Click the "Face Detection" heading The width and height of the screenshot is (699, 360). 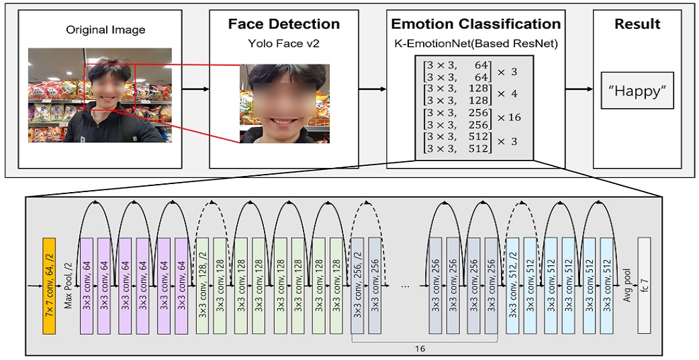[x=283, y=25]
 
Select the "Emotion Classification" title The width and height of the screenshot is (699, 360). [x=475, y=25]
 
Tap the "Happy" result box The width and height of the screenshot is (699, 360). [x=637, y=92]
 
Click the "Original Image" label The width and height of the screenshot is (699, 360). [x=105, y=30]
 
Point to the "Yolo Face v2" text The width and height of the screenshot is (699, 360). [x=283, y=44]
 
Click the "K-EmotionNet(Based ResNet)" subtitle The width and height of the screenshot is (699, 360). [x=475, y=44]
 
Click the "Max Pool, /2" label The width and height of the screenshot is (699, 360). [x=68, y=285]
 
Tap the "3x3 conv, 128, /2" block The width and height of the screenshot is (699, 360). [x=202, y=285]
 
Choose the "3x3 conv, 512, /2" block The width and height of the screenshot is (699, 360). [x=512, y=285]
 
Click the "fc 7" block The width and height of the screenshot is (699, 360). [x=644, y=285]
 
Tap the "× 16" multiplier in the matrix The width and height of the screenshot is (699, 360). [x=508, y=118]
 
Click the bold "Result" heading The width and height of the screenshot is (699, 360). [x=637, y=25]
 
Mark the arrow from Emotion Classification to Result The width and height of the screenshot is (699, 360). [x=578, y=88]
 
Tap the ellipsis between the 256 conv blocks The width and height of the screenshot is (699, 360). [x=405, y=285]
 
